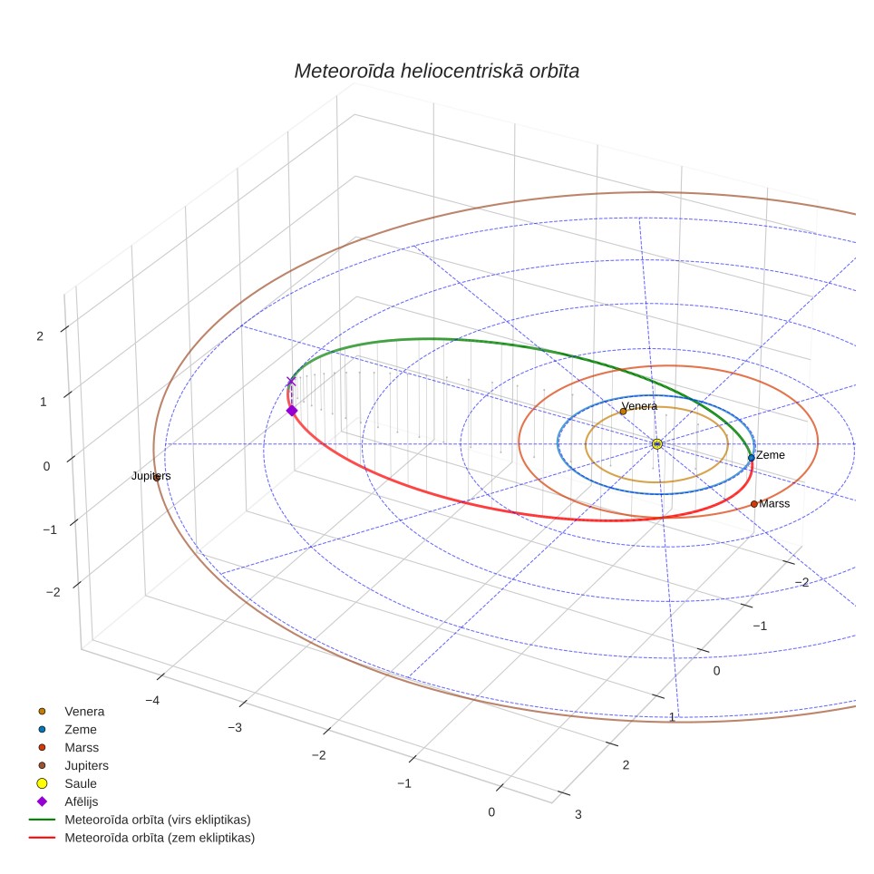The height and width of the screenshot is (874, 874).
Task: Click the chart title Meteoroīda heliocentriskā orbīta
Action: pos(436,72)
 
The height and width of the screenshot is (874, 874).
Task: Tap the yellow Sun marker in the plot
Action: pos(657,444)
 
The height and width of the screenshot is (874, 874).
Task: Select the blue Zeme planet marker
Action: pos(752,458)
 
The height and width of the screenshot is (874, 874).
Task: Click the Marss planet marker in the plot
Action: pos(754,504)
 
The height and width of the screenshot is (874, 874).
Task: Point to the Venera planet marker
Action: pos(623,412)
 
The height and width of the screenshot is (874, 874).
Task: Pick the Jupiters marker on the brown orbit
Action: pos(157,477)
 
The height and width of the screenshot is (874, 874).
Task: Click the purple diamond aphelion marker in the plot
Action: pos(292,411)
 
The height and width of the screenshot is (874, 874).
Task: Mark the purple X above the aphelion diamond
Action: pos(290,382)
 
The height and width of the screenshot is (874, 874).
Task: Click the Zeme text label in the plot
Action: pos(771,455)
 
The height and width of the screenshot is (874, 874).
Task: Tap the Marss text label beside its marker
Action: pos(774,503)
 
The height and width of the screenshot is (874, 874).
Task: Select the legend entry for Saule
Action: pos(81,783)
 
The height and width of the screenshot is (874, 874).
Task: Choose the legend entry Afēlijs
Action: pos(81,801)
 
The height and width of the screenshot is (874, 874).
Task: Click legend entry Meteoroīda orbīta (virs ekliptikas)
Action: pos(157,820)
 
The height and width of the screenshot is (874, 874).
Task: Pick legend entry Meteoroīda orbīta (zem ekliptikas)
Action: pos(160,838)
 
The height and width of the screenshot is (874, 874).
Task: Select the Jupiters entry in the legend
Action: pos(86,766)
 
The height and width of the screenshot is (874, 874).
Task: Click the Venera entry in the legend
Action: pos(84,711)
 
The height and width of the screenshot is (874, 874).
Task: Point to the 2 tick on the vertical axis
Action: pos(40,336)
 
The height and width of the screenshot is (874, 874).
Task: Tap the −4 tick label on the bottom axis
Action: pos(152,700)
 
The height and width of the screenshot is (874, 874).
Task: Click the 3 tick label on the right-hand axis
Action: pos(578,814)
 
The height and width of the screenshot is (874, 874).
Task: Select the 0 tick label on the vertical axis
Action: pos(46,466)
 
